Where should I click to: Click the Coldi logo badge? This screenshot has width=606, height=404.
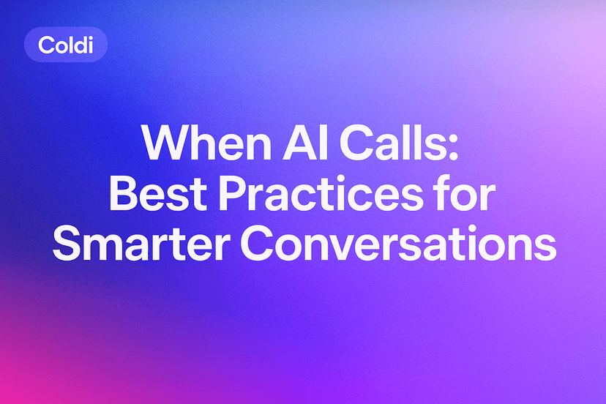click(x=65, y=45)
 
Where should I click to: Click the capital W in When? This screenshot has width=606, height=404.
click(x=161, y=144)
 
